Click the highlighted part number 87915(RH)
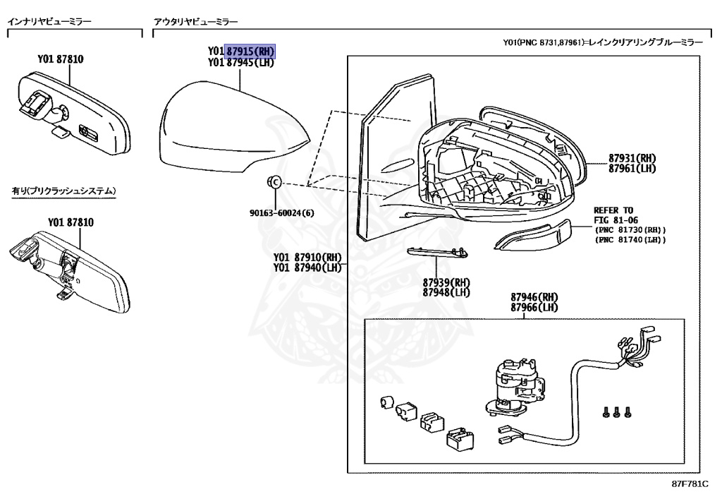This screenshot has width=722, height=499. [x=250, y=51]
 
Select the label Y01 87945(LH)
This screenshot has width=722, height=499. [x=241, y=62]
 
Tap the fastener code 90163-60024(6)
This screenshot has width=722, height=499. [x=282, y=213]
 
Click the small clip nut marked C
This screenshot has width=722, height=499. [x=274, y=182]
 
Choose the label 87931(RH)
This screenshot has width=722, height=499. [x=632, y=158]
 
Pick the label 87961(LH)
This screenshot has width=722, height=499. [x=632, y=169]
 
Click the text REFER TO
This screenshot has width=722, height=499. [x=613, y=210]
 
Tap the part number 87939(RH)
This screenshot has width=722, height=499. [x=446, y=282]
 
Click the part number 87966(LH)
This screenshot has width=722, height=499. [x=534, y=307]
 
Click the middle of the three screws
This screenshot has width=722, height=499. [x=617, y=412]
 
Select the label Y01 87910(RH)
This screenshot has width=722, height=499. [x=307, y=257]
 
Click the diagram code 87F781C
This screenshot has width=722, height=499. [x=690, y=483]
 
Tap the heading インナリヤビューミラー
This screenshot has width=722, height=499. [x=49, y=21]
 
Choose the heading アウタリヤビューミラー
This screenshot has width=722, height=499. [x=196, y=21]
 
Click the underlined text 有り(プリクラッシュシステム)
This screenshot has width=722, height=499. [x=63, y=191]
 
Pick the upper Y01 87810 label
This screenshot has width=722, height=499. [x=61, y=59]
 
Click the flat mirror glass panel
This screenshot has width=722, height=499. [x=396, y=157]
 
